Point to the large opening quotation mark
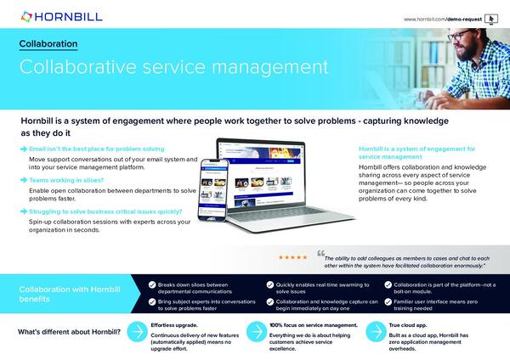(320, 253)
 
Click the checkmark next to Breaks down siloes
(151, 285)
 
